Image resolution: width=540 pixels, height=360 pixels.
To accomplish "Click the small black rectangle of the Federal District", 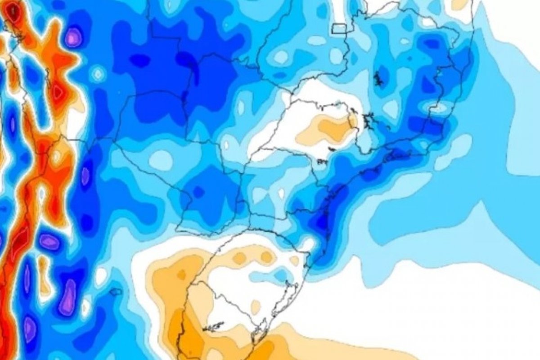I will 339,28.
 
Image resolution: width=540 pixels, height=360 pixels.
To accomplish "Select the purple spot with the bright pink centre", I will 73,37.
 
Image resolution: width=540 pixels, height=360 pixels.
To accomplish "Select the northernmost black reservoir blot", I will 378,79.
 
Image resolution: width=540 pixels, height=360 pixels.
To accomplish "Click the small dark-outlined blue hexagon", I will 116,292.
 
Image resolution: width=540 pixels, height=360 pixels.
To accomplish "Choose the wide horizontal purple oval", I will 49,242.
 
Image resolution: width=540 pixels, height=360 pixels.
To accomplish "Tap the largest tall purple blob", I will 68,297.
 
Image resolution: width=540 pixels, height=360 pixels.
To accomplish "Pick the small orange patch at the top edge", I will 459,4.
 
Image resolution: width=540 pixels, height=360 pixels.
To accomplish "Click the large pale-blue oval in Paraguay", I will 162,159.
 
